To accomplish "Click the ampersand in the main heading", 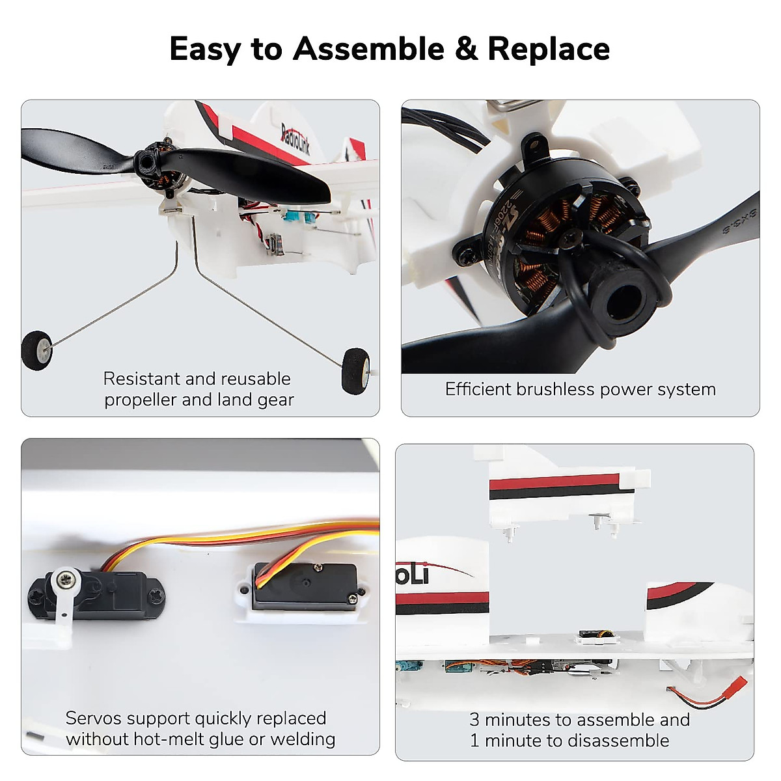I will (465, 49).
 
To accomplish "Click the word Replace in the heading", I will (549, 49).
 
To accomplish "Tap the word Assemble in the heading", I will (368, 49).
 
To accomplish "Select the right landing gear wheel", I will (355, 369).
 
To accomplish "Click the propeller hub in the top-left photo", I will (148, 162).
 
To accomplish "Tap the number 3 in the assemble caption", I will (474, 720).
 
